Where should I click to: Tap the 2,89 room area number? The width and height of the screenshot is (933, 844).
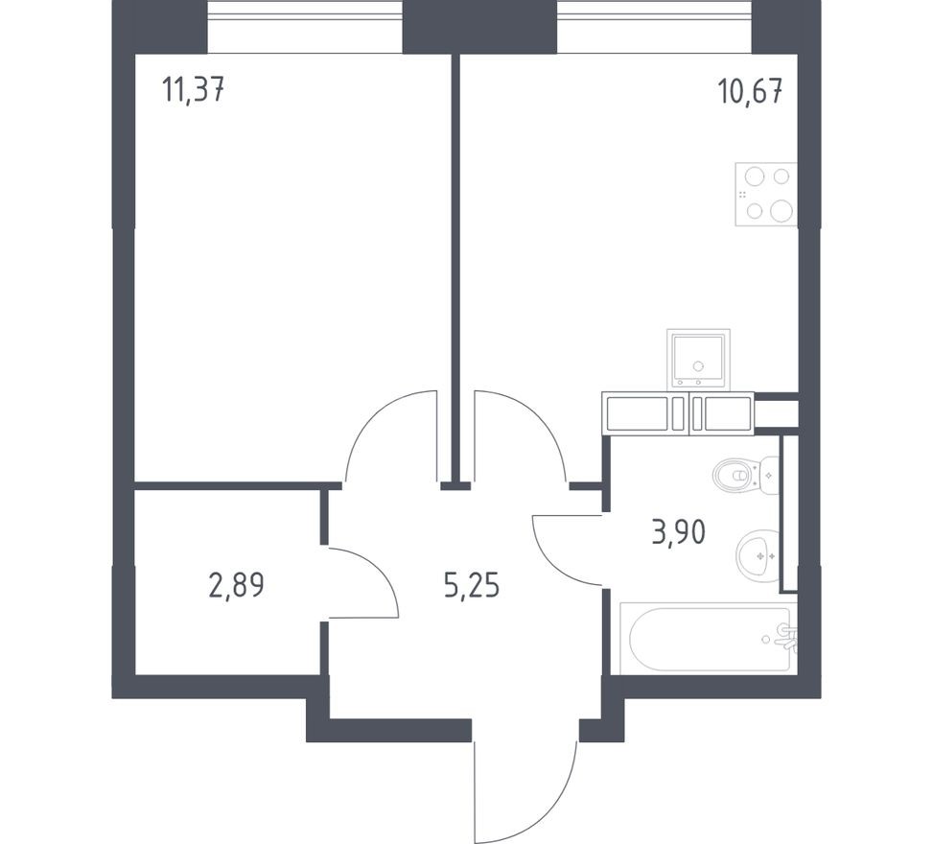(236, 583)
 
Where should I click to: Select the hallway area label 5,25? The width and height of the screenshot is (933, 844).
(473, 583)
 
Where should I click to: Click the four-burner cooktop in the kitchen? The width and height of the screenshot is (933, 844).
(766, 194)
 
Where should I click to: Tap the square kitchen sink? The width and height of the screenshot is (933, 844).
(698, 359)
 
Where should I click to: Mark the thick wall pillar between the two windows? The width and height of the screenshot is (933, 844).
(478, 26)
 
